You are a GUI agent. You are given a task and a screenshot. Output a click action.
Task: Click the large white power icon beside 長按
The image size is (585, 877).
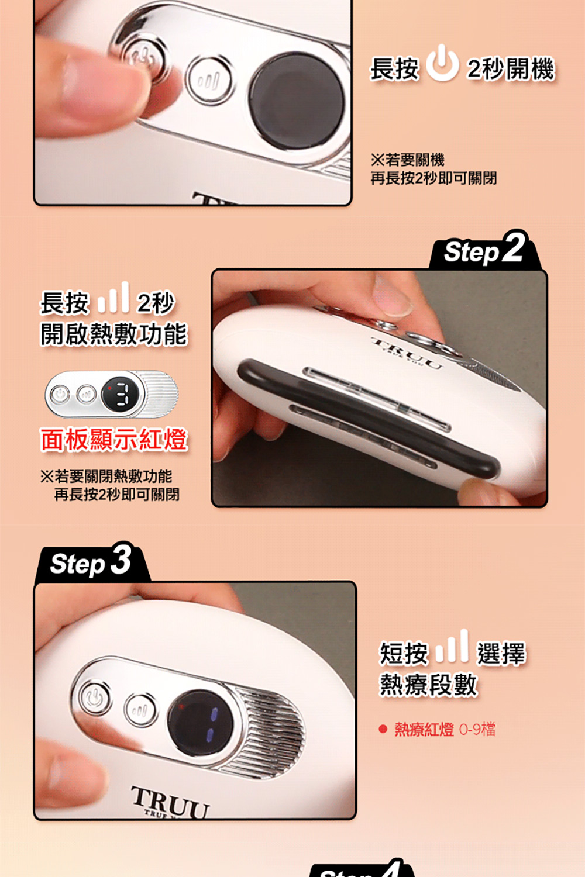pyautogui.click(x=442, y=63)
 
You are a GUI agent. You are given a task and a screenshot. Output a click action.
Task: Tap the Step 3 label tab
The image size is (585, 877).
pyautogui.click(x=92, y=562)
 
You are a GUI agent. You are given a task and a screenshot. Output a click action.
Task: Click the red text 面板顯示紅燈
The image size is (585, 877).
pyautogui.click(x=114, y=440)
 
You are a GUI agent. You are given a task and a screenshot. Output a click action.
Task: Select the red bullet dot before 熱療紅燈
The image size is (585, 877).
pyautogui.click(x=383, y=729)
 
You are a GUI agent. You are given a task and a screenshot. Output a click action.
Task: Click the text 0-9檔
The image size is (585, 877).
pyautogui.click(x=477, y=729)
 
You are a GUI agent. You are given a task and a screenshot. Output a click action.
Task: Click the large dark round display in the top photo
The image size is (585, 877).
pyautogui.click(x=297, y=101)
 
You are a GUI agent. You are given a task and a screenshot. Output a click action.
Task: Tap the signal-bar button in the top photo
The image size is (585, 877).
pyautogui.click(x=209, y=80)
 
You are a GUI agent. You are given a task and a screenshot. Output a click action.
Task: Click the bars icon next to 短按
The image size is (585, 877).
pyautogui.click(x=453, y=646)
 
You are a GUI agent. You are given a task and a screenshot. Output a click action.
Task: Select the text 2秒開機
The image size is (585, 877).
pyautogui.click(x=511, y=68)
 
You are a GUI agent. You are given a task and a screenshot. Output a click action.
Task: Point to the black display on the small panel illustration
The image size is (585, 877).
pyautogui.click(x=120, y=394)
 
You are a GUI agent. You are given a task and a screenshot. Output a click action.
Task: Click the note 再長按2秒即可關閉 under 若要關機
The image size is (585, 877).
pyautogui.click(x=433, y=178)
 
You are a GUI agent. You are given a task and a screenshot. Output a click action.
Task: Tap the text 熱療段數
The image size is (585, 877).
pyautogui.click(x=428, y=685)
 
